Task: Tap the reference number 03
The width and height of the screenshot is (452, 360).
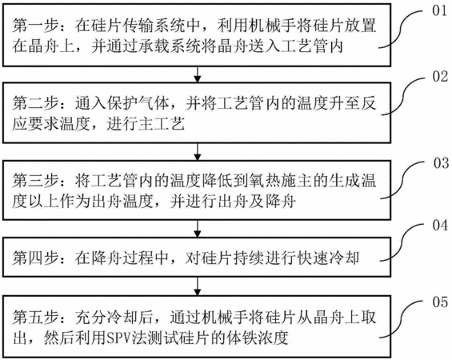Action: pos(441,163)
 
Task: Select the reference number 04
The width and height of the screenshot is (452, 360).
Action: pos(440,225)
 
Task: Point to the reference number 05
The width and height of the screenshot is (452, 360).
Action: pos(440,302)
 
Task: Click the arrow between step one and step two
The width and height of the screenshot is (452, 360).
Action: pos(197,74)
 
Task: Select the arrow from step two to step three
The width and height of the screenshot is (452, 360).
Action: pos(197,152)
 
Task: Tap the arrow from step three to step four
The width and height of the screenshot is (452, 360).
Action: pos(197,229)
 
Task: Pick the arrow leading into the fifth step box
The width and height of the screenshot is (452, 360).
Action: pos(197,286)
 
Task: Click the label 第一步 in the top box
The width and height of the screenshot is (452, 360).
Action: pos(35,26)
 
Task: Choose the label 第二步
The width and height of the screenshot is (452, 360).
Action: pos(35,103)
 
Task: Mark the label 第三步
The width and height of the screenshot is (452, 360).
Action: pos(35,181)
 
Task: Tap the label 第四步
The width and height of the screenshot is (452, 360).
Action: pos(35,258)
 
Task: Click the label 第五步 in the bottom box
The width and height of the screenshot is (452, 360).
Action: pos(35,318)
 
